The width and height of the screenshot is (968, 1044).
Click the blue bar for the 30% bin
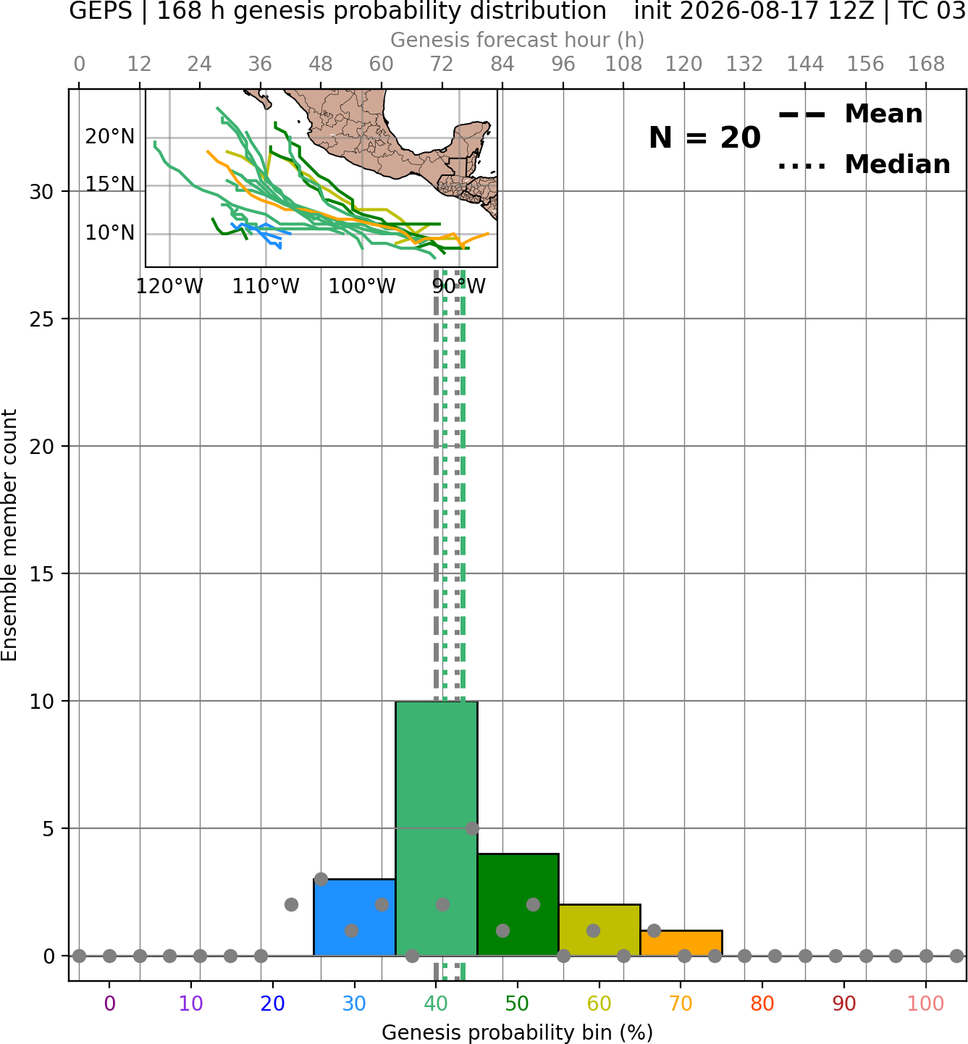tap(354, 917)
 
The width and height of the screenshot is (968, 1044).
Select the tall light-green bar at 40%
tap(437, 828)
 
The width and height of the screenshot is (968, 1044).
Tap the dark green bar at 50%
tap(518, 905)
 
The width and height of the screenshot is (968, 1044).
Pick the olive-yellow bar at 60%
tap(599, 930)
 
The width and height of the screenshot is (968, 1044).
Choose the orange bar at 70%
tap(681, 943)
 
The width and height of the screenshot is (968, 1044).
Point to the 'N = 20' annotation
tap(704, 138)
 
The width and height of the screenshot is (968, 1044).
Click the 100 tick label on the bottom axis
tap(926, 1004)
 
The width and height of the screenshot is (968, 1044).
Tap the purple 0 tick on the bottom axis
tap(109, 1004)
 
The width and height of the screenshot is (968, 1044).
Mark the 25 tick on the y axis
tap(42, 319)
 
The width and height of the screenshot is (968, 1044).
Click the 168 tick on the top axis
tap(926, 64)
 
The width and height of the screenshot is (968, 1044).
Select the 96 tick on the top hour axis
tap(563, 64)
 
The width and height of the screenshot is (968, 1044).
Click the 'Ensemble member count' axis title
tap(9, 536)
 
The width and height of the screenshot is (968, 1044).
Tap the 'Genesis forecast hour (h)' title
tap(518, 40)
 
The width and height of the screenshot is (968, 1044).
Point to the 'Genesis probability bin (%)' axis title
tap(518, 1032)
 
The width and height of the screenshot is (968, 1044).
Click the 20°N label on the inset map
tap(110, 137)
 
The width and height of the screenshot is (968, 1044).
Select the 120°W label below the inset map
tap(169, 287)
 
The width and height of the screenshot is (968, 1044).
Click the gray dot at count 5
tap(471, 828)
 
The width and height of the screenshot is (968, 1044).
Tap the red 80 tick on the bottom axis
tap(762, 1004)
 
